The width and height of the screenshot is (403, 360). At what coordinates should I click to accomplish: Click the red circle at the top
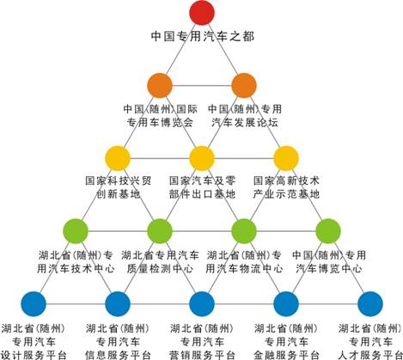[202, 13]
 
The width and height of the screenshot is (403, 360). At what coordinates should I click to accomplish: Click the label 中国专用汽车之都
[203, 36]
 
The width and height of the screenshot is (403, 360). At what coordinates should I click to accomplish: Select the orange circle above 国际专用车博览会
[160, 85]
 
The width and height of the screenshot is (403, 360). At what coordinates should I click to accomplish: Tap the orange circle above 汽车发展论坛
[244, 85]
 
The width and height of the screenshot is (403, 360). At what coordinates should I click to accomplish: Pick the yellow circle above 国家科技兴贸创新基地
[118, 158]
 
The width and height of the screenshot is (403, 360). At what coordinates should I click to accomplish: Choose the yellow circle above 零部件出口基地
[202, 158]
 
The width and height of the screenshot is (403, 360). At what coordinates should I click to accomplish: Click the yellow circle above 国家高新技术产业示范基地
[286, 158]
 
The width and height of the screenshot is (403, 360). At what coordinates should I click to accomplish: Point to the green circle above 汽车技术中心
[76, 231]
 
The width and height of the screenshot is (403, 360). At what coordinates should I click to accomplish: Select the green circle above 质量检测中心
[160, 231]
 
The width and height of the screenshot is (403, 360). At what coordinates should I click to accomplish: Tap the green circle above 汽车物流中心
[244, 231]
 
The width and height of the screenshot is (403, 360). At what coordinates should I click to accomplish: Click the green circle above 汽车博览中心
[328, 231]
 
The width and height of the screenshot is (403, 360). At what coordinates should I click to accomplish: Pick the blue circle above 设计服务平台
[34, 304]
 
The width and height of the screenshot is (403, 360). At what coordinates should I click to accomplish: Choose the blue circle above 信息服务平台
[118, 304]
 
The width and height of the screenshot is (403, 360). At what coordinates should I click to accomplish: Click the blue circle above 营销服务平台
[202, 304]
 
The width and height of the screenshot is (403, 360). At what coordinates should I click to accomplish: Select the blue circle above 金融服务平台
[286, 304]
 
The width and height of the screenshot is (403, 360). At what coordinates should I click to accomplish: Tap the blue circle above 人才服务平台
[370, 304]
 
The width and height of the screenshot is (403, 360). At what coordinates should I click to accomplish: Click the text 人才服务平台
[370, 355]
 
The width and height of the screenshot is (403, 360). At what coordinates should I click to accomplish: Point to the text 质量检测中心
[160, 269]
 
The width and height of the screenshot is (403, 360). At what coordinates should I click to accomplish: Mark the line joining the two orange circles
[202, 85]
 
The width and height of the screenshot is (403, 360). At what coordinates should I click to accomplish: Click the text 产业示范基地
[286, 194]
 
